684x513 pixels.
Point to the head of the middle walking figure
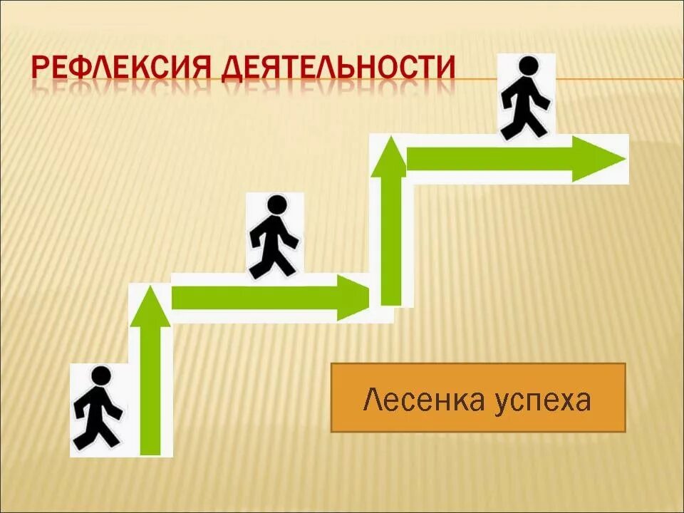point(276,205)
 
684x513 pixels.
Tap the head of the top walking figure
point(528,66)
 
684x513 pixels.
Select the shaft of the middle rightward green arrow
point(256,298)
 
